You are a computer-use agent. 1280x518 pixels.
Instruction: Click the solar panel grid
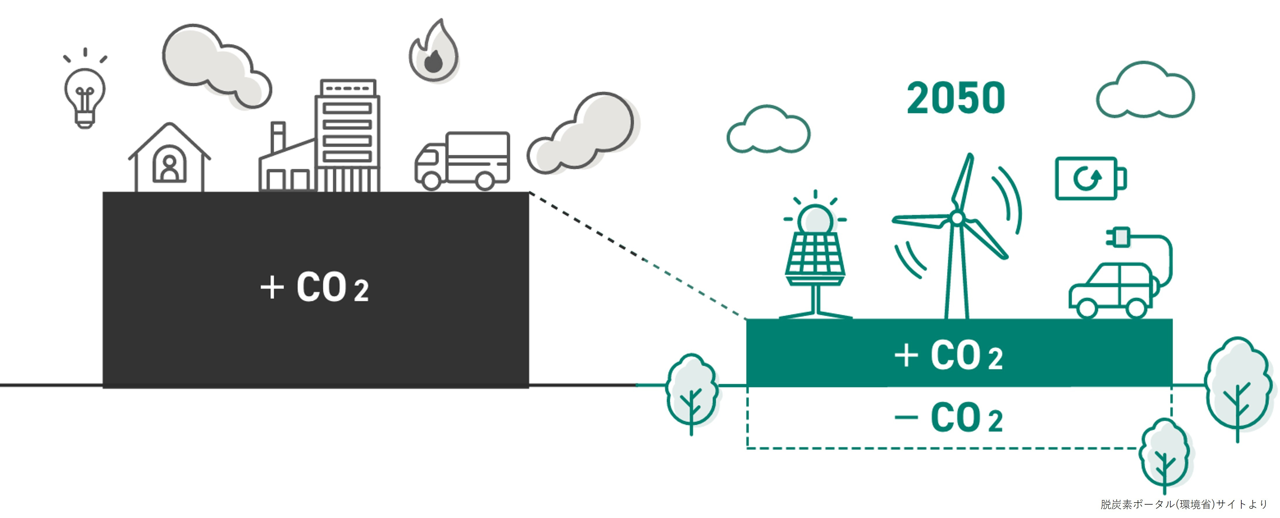815,256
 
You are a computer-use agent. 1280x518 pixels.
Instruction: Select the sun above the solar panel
815,219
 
